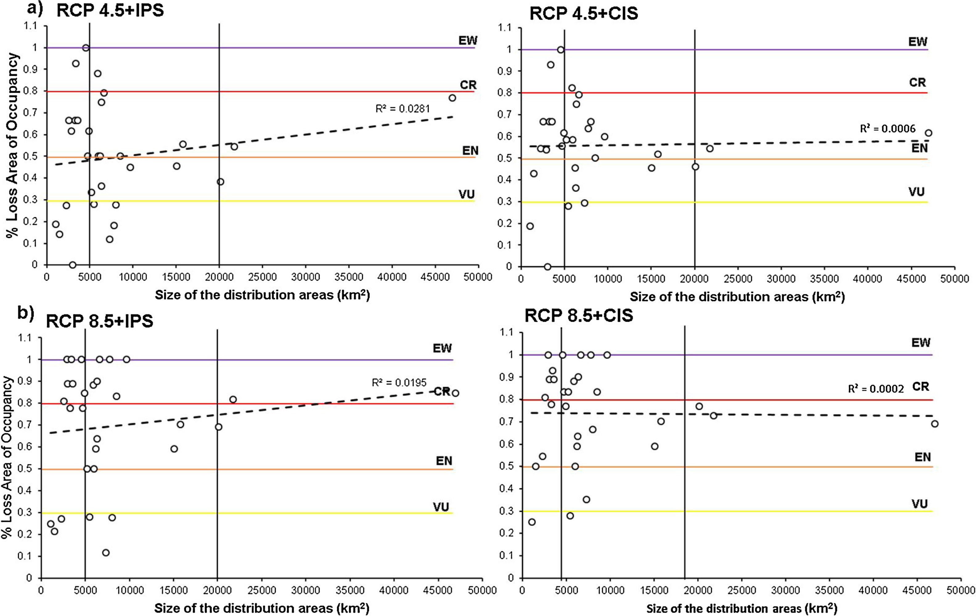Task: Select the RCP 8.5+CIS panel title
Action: coord(578,316)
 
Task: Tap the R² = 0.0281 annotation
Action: coord(402,109)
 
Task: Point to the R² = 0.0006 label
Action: coord(887,129)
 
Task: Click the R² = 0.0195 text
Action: coord(399,383)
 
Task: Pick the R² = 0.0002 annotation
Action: coord(876,389)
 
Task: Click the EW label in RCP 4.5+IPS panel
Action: coord(468,41)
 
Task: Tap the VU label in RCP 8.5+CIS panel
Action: coord(919,504)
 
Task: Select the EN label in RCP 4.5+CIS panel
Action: coord(919,148)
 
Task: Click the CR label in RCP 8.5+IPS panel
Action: coord(442,392)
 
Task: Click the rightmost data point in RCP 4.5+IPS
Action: coord(452,98)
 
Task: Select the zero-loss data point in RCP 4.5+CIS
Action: coord(548,267)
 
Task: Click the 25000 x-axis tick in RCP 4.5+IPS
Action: coord(262,277)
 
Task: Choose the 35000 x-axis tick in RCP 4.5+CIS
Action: coord(824,279)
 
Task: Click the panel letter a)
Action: coord(35,9)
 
